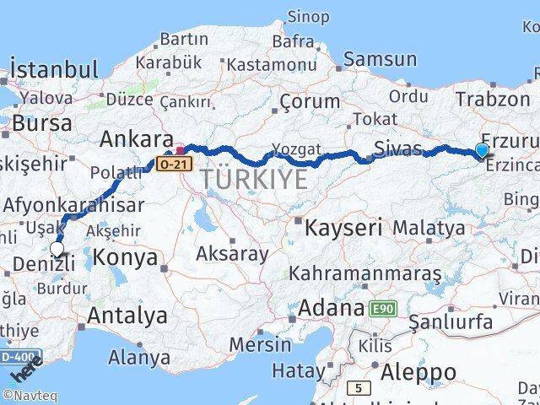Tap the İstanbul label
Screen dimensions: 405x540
pos(54,67)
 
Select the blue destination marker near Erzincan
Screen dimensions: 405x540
pos(482,151)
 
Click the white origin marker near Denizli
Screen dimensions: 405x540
pos(57,248)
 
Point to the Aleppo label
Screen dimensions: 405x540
pos(418,372)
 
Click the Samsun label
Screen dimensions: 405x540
pos(380,58)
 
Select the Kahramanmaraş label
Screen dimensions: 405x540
pos(364,273)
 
